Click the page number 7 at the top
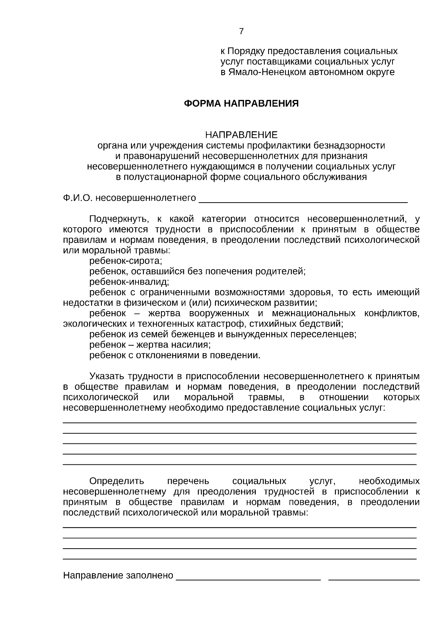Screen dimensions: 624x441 pos(241,32)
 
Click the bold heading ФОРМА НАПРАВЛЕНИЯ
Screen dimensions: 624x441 pos(241,104)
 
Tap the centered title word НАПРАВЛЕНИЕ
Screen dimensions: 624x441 pos(241,135)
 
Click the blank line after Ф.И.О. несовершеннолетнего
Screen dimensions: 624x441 pos(303,201)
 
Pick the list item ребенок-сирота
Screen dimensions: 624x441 pos(126,261)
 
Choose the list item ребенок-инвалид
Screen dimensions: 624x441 pos(129,282)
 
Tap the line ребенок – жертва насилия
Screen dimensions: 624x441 pos(150,345)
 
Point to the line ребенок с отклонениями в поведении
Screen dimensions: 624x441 pos(175,356)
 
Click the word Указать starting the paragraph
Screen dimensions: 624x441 pos(107,377)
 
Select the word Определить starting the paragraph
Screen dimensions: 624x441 pos(116,481)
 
